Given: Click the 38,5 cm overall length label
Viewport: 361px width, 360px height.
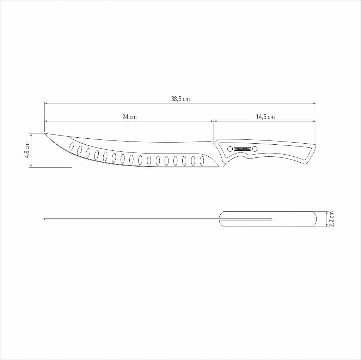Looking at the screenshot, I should pos(180,99).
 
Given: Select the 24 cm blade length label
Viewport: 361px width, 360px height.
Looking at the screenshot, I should pos(129,117).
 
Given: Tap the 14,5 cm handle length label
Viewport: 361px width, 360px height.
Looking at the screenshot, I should pos(265,117).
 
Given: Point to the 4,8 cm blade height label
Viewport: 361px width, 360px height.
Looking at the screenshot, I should pos(27,150).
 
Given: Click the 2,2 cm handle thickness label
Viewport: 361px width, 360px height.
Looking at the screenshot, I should pos(331,219).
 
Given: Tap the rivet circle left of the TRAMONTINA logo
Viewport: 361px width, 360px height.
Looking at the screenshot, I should pos(230,149).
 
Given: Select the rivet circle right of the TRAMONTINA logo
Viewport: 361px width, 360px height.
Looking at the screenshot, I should pos(255,149).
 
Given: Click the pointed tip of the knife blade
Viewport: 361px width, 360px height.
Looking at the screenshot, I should pos(45,133).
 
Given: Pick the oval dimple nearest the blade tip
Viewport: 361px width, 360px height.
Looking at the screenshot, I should pos(71,146).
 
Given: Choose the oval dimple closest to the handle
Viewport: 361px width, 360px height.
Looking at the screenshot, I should pos(202,161).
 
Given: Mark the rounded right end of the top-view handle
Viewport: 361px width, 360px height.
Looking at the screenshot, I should pos(316,219).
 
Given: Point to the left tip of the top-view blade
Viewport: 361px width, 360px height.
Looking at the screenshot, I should pos(45,219).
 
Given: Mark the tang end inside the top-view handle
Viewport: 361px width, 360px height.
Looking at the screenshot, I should pos(271,219).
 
